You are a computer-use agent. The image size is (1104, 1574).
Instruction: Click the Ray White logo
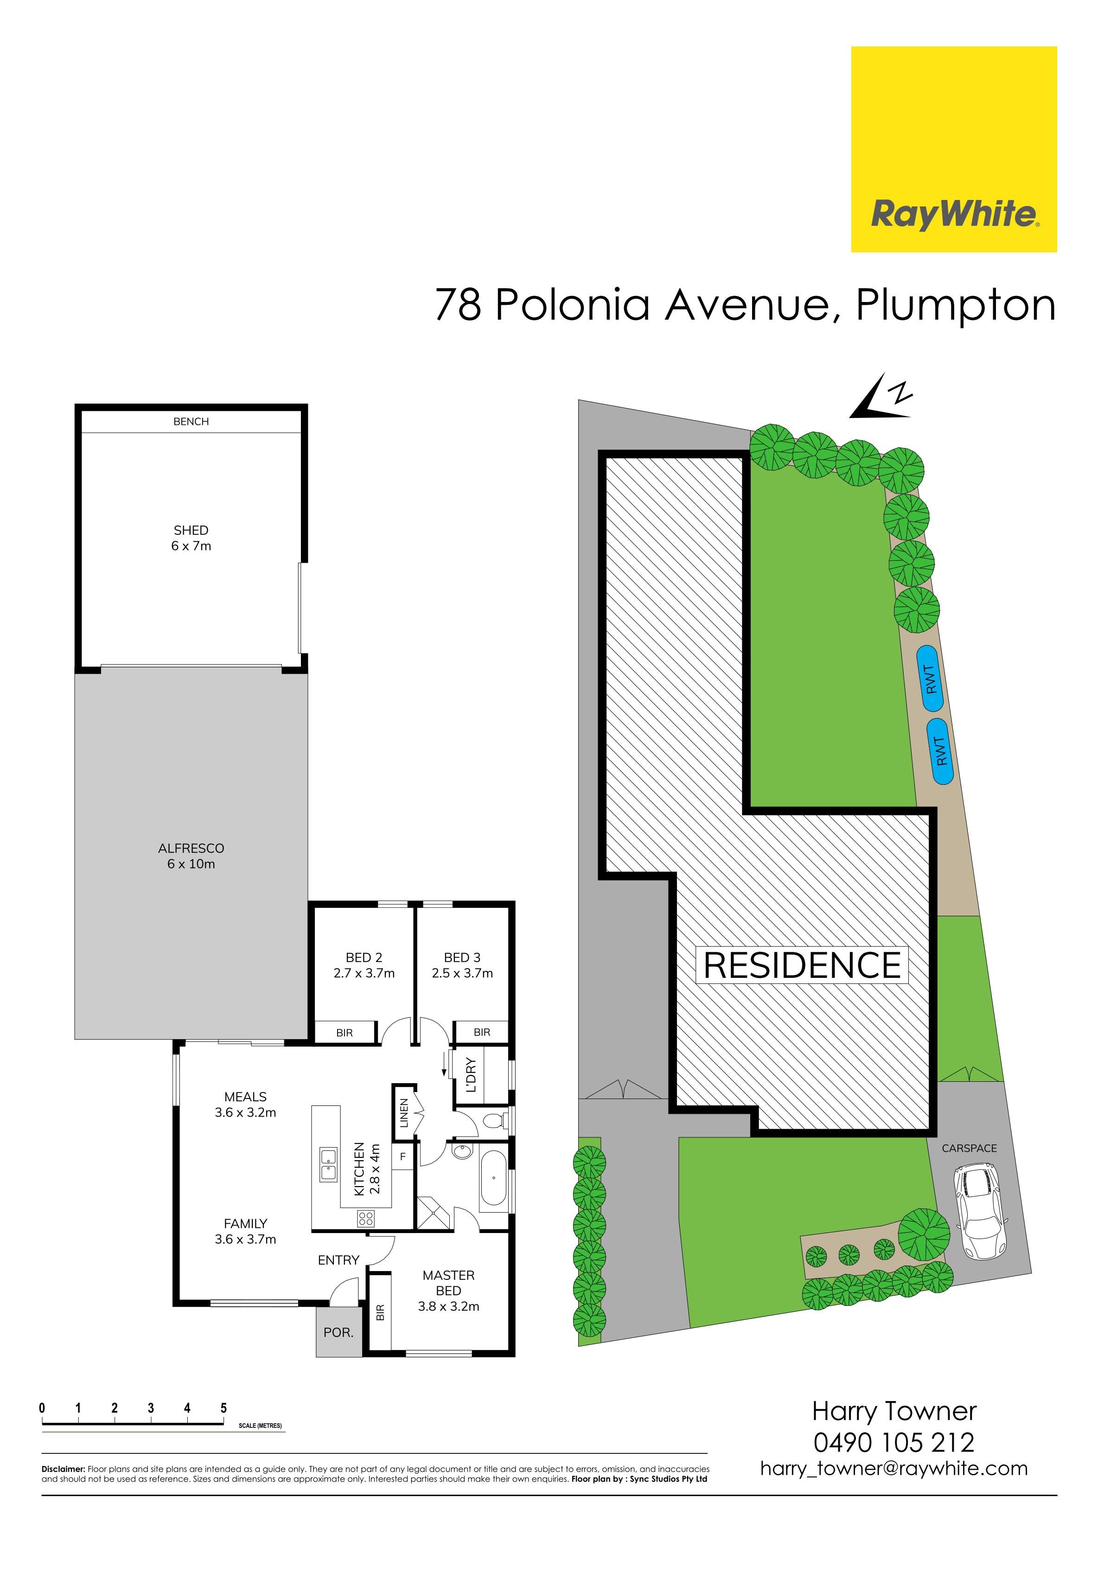(953, 149)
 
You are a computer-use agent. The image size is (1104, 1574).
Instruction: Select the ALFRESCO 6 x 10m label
(191, 855)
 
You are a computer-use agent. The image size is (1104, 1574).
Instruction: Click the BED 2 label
(364, 957)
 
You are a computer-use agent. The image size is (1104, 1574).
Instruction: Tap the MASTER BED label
(449, 1283)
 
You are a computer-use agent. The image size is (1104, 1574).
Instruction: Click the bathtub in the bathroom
(493, 1178)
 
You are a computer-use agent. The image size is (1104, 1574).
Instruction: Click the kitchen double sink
(328, 1164)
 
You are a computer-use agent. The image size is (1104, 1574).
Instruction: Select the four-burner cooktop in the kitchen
(365, 1218)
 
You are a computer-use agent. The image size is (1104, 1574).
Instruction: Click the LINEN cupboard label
(404, 1112)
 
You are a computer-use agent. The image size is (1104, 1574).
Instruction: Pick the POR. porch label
(338, 1333)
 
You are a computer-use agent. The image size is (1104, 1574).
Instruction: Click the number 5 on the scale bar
(223, 1408)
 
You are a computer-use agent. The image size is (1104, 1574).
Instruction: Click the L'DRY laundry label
(470, 1075)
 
